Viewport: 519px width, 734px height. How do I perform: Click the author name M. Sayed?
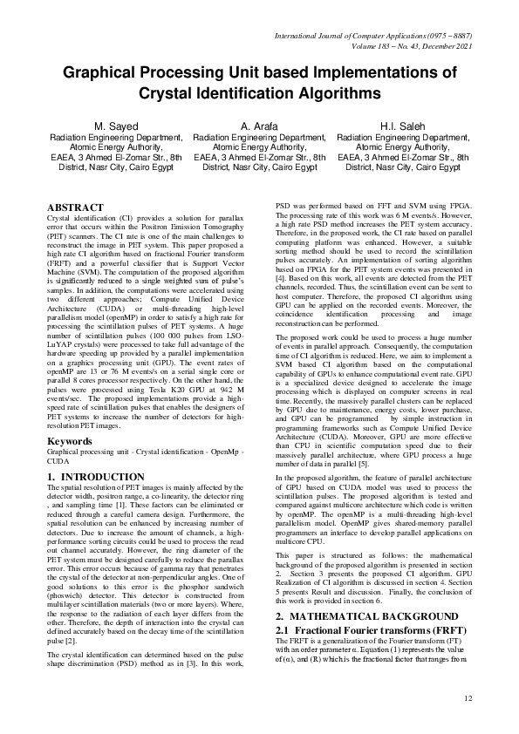point(115,126)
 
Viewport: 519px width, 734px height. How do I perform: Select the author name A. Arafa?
point(259,126)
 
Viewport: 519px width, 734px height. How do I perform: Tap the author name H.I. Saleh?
point(402,126)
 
